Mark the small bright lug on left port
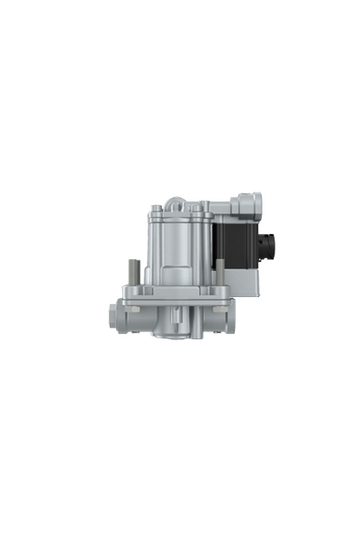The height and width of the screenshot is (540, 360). pos(132,309)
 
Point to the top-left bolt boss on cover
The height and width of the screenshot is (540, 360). pos(156,210)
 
